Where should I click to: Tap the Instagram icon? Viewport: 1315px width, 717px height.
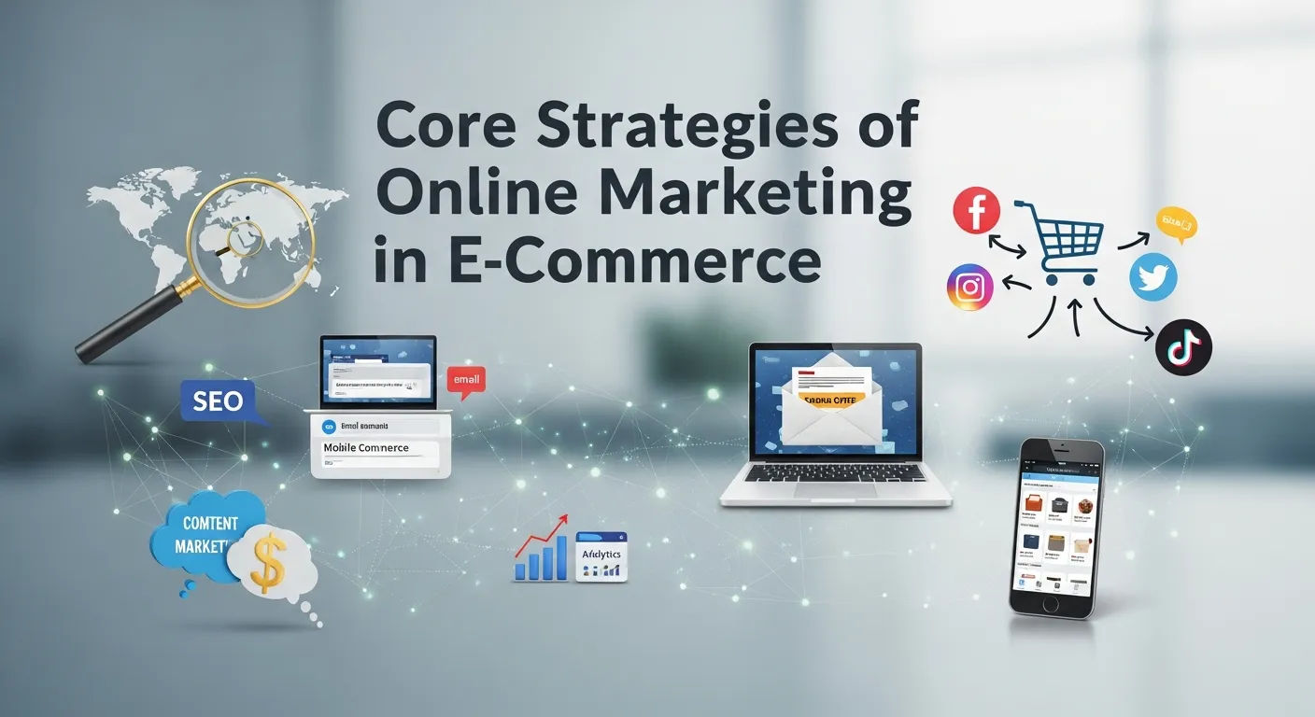[x=970, y=288]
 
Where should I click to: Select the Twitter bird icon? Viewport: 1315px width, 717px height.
[x=1153, y=278]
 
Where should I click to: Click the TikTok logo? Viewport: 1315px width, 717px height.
[x=1183, y=348]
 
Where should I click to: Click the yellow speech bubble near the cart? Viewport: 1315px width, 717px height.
[x=1176, y=223]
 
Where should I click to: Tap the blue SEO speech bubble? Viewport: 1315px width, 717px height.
[x=218, y=402]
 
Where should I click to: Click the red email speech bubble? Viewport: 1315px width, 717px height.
[x=466, y=379]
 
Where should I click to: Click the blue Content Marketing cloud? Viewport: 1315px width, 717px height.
[x=207, y=534]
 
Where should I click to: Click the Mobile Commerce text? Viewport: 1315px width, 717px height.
[x=366, y=448]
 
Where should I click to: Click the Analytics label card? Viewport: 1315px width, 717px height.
[x=601, y=556]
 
